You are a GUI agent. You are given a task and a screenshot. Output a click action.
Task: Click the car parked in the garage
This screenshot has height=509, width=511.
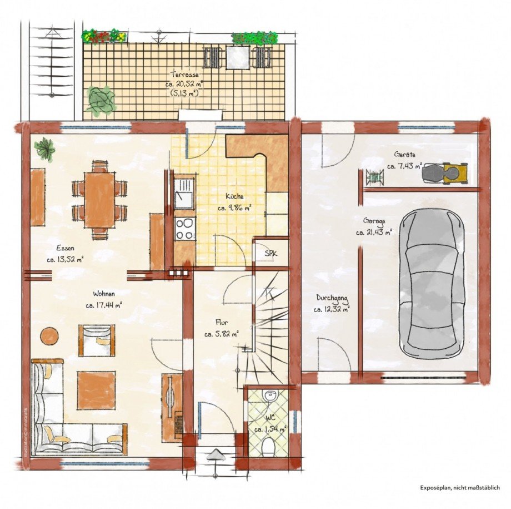click(x=432, y=283)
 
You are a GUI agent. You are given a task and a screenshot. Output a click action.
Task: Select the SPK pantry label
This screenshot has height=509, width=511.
click(x=271, y=253)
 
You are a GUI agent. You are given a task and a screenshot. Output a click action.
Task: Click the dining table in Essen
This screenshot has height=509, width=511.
click(x=99, y=200)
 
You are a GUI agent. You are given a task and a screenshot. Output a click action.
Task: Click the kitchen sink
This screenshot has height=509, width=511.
click(x=184, y=194)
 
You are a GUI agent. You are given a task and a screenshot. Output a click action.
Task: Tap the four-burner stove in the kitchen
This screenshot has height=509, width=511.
click(x=185, y=229)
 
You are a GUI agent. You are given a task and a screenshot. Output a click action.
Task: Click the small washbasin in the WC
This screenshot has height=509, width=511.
click(x=269, y=396)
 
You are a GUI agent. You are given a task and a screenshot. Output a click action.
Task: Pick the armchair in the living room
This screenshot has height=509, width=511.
click(x=97, y=340)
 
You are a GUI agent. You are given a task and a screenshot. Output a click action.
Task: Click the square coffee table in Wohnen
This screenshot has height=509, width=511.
click(x=97, y=390)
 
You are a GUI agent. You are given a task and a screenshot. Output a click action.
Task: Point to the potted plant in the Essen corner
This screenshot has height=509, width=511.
click(x=45, y=149)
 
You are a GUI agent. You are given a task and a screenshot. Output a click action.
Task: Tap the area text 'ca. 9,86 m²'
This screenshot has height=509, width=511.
click(x=234, y=207)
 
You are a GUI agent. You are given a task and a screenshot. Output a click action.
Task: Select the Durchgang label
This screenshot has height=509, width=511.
click(x=332, y=298)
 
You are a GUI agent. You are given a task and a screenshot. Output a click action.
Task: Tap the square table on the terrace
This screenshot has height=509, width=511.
click(x=238, y=57)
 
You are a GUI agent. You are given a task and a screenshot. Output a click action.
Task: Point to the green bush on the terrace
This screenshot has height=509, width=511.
click(x=101, y=101)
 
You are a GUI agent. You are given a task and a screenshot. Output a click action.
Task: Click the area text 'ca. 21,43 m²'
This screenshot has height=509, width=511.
click(x=374, y=233)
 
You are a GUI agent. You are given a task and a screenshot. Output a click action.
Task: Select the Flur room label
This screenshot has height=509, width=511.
click(x=222, y=322)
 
